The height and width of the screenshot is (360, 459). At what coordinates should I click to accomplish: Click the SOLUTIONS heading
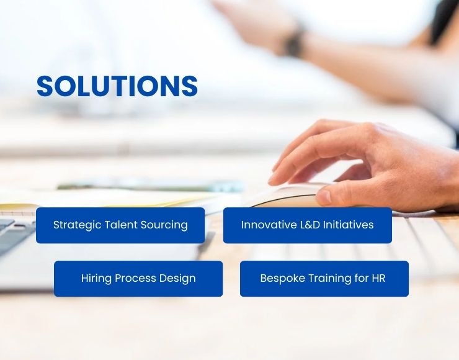point(117,86)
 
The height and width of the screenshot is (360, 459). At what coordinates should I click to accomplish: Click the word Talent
point(121,225)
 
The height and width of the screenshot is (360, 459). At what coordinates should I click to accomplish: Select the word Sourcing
point(164,225)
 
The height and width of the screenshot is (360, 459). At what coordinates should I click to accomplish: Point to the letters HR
point(379,278)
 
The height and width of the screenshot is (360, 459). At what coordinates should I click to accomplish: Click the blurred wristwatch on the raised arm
point(294,41)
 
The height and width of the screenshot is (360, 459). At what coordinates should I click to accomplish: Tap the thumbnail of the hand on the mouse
point(324,197)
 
